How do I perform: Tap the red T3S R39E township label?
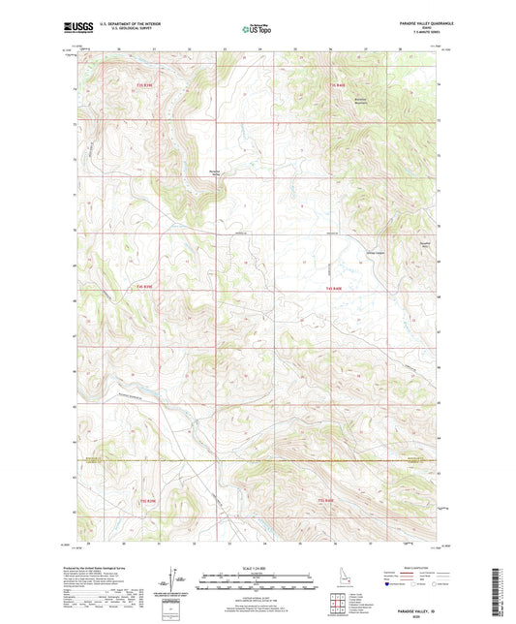145,87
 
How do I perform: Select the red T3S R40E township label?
336,87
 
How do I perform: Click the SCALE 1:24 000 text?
257,567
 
